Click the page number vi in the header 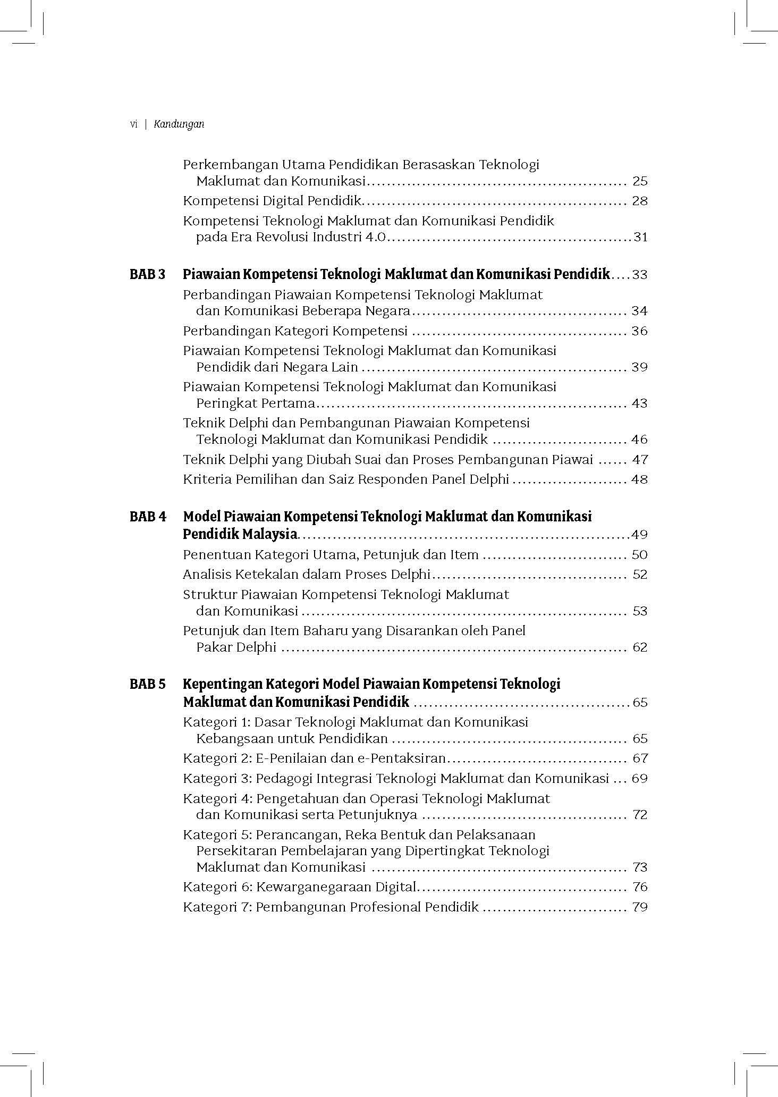click(x=133, y=124)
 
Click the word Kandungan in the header click(x=179, y=124)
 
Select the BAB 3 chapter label click(x=148, y=275)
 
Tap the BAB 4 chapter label click(x=148, y=517)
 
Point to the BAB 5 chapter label click(x=148, y=684)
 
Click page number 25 click(x=640, y=181)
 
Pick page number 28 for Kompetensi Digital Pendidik click(x=640, y=201)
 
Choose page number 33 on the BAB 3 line click(x=640, y=275)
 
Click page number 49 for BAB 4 click(x=639, y=535)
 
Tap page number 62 click(x=640, y=647)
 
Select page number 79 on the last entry click(x=640, y=907)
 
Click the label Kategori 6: click(x=217, y=887)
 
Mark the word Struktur click(x=209, y=595)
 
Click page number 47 click(x=640, y=460)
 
